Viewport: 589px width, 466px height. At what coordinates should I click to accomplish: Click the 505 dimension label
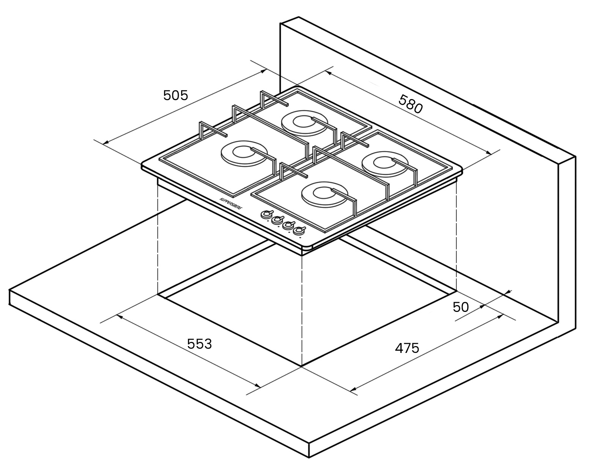[176, 95]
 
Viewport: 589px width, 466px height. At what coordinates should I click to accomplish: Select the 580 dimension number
[411, 104]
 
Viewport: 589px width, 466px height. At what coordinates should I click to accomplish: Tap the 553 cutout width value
[200, 344]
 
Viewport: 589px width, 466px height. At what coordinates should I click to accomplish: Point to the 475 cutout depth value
[407, 348]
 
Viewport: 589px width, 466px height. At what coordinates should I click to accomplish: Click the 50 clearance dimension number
[461, 307]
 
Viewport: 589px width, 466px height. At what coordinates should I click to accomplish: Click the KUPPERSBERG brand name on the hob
[231, 203]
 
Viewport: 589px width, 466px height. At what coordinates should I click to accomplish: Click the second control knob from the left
[277, 220]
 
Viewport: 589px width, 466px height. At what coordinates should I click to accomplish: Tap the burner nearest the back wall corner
[305, 123]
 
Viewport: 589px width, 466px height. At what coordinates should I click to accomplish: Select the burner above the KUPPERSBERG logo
[244, 154]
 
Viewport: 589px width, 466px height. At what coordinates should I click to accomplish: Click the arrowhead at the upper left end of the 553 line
[120, 316]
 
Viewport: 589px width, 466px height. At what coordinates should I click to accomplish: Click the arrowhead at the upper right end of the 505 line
[263, 71]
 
